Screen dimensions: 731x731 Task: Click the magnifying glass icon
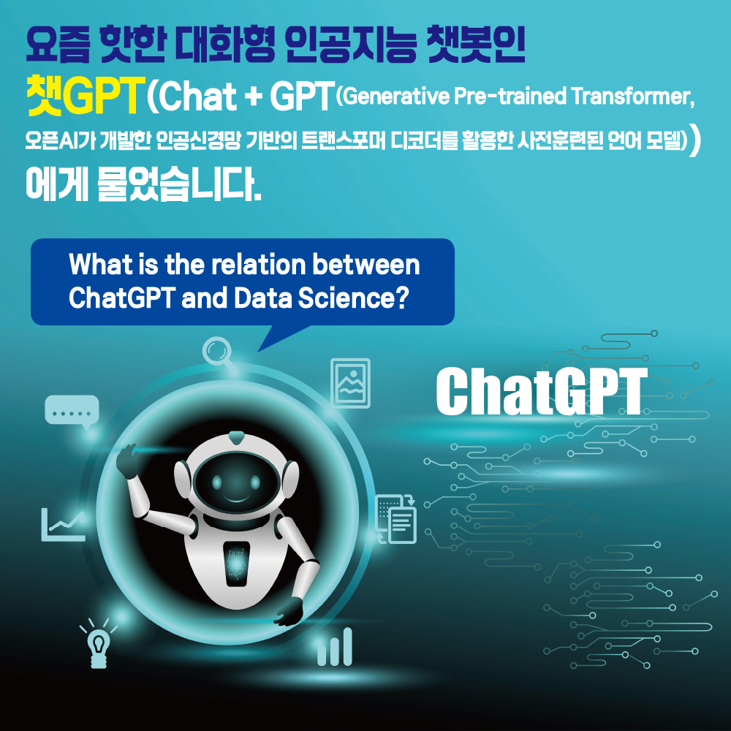coord(216,351)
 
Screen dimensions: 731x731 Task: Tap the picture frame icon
coord(351,383)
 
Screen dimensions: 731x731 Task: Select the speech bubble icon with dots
coord(72,412)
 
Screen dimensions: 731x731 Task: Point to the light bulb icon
coord(99,643)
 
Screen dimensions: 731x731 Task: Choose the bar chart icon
coord(334,647)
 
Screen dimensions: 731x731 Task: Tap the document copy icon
coord(395,519)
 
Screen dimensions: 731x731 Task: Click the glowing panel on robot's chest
coord(236,564)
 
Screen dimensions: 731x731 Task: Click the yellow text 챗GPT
coord(84,96)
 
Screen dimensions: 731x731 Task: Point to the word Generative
coord(396,96)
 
